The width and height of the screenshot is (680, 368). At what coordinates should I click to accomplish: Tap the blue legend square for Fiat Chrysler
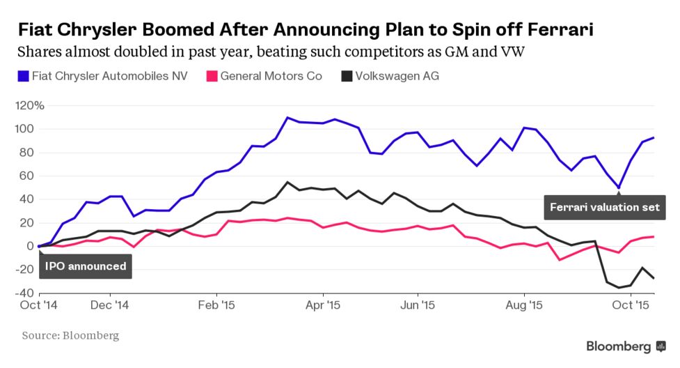23,75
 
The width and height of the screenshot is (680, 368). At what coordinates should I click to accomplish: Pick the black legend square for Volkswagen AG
346,75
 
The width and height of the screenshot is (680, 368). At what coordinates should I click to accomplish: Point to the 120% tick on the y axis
30,106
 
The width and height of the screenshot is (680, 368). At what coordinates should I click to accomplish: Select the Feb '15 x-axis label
216,305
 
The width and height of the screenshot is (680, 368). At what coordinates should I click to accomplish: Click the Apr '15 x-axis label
324,305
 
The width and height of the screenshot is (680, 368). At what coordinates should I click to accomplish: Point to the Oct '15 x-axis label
631,305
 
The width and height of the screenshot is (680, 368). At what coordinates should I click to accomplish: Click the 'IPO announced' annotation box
86,266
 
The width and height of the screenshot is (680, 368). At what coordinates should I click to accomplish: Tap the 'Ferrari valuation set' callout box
604,207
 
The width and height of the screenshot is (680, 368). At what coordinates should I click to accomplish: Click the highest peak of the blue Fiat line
287,117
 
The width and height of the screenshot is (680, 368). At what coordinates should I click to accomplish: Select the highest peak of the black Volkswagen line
287,182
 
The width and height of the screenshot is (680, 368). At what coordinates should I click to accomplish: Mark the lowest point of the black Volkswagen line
618,288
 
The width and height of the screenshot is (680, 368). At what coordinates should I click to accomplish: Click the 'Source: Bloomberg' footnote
70,336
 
